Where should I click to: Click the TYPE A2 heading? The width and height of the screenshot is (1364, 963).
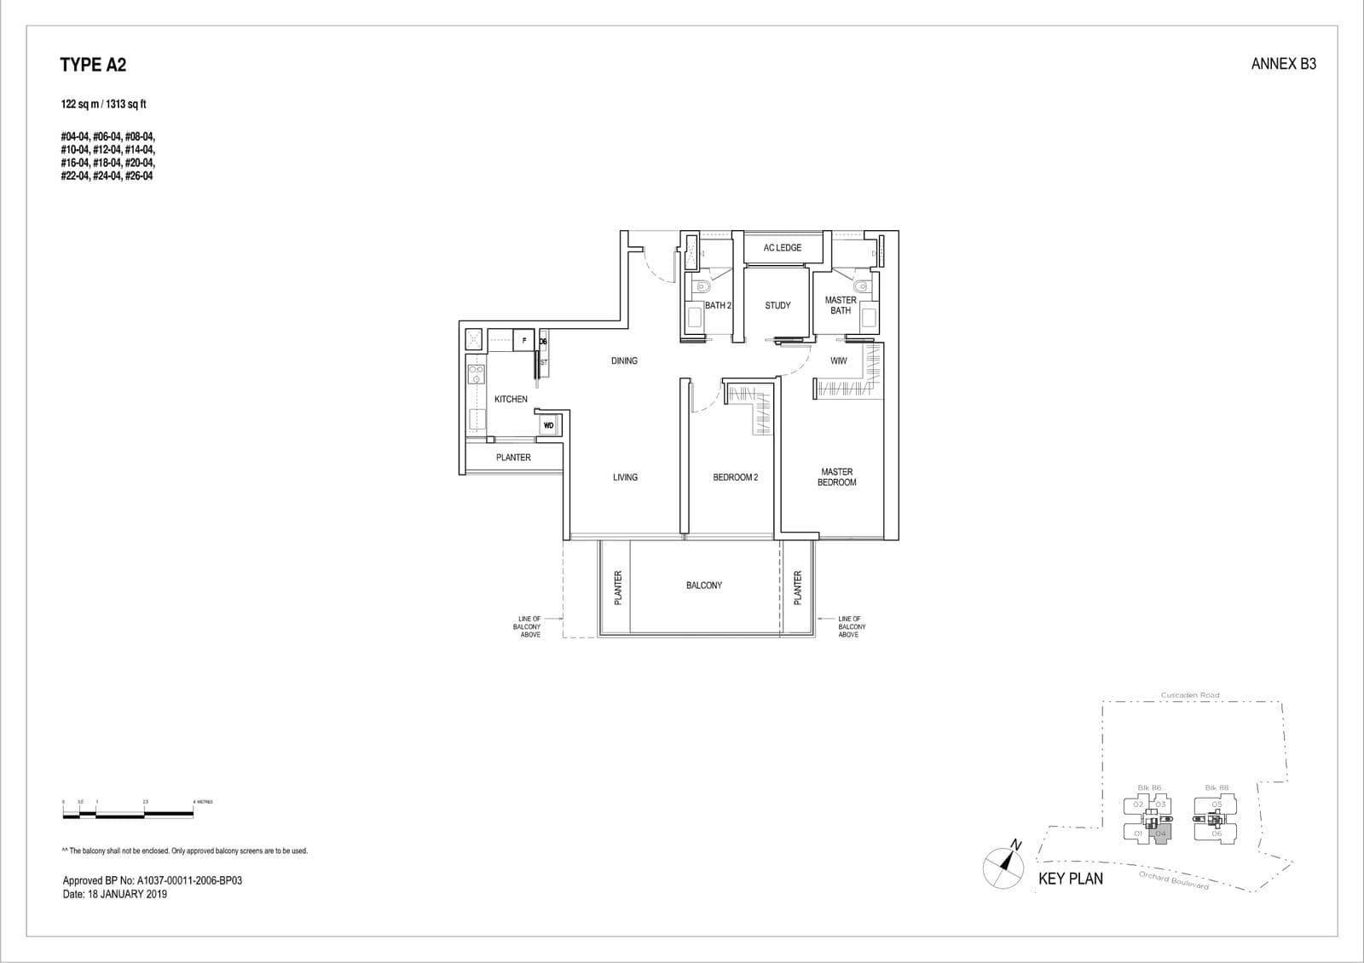[93, 65]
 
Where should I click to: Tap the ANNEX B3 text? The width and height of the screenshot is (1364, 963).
[1283, 64]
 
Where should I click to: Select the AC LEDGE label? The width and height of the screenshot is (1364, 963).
[782, 248]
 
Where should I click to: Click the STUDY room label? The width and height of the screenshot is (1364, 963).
[777, 305]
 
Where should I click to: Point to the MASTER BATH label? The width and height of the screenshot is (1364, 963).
[841, 305]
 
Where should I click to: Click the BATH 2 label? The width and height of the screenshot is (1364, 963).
[718, 305]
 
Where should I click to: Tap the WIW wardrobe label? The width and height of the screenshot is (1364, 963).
[839, 361]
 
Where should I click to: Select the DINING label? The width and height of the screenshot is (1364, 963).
[624, 361]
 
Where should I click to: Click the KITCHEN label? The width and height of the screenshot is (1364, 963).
[511, 399]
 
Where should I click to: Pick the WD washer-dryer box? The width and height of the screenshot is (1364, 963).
[548, 425]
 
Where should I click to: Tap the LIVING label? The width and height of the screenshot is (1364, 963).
[625, 477]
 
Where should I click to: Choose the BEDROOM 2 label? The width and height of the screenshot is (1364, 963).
[735, 477]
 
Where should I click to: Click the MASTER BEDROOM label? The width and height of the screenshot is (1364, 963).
[836, 477]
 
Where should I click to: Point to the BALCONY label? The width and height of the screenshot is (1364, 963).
[703, 585]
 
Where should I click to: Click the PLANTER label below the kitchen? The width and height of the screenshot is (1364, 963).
[513, 458]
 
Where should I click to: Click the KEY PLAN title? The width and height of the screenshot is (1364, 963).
[1070, 879]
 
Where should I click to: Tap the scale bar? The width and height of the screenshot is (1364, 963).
[128, 815]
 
